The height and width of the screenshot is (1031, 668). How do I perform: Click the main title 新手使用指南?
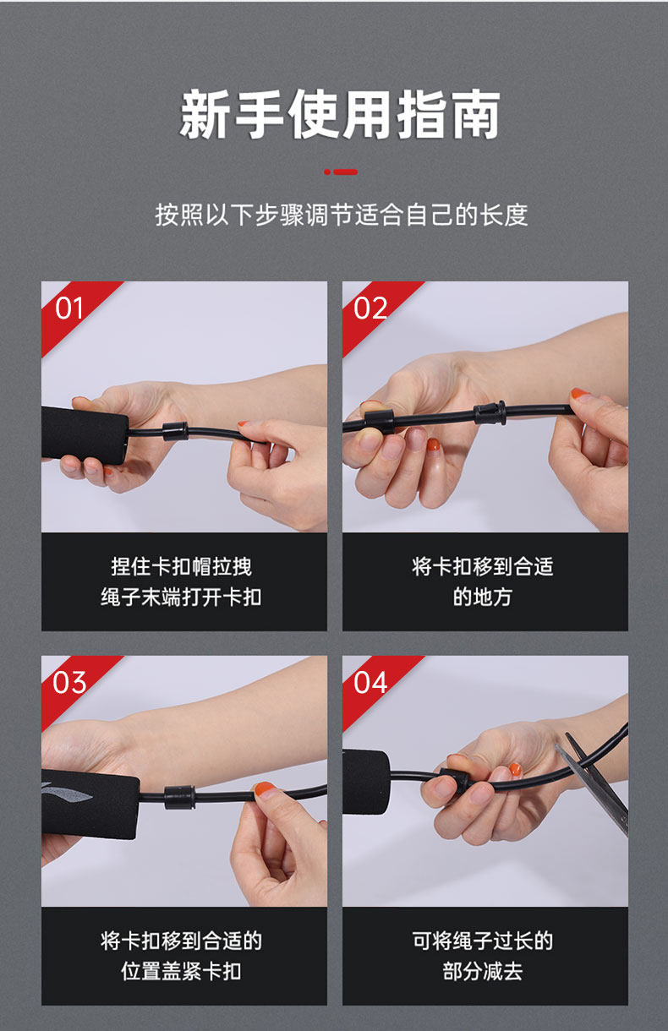(340, 114)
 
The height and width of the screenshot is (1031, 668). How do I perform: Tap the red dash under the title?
(341, 172)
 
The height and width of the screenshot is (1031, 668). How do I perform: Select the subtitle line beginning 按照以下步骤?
(342, 215)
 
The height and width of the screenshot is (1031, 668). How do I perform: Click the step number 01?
(69, 308)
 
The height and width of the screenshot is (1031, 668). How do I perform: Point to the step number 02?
(370, 308)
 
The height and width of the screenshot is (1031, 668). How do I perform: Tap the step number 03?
(69, 683)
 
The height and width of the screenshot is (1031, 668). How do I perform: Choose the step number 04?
(370, 683)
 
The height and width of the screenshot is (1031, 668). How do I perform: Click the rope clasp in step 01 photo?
(176, 431)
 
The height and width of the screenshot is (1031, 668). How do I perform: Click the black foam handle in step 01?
(85, 435)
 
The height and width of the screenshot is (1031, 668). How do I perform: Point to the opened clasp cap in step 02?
(490, 413)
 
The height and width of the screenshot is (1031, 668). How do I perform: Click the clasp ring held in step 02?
(380, 422)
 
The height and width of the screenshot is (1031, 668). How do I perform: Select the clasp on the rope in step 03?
(179, 797)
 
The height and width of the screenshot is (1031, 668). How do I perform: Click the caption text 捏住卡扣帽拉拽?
(182, 566)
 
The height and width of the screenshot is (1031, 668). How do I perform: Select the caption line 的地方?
(482, 597)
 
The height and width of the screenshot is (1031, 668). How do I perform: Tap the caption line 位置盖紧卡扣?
(182, 971)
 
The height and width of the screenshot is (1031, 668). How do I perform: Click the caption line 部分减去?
(482, 971)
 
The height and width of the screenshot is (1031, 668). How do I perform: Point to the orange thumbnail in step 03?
(265, 789)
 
